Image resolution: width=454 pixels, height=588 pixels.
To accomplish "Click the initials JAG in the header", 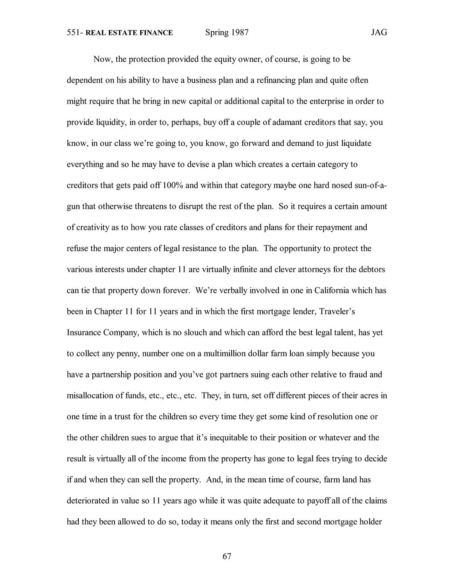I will click(379, 33).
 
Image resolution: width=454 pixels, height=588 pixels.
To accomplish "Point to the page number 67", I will click(227, 556).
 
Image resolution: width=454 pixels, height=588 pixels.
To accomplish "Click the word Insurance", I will click(84, 332).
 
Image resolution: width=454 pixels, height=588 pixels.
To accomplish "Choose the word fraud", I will click(358, 375).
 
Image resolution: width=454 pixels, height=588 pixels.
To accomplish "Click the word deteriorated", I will click(88, 501).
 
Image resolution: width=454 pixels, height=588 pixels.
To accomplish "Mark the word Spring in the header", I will click(217, 33).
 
